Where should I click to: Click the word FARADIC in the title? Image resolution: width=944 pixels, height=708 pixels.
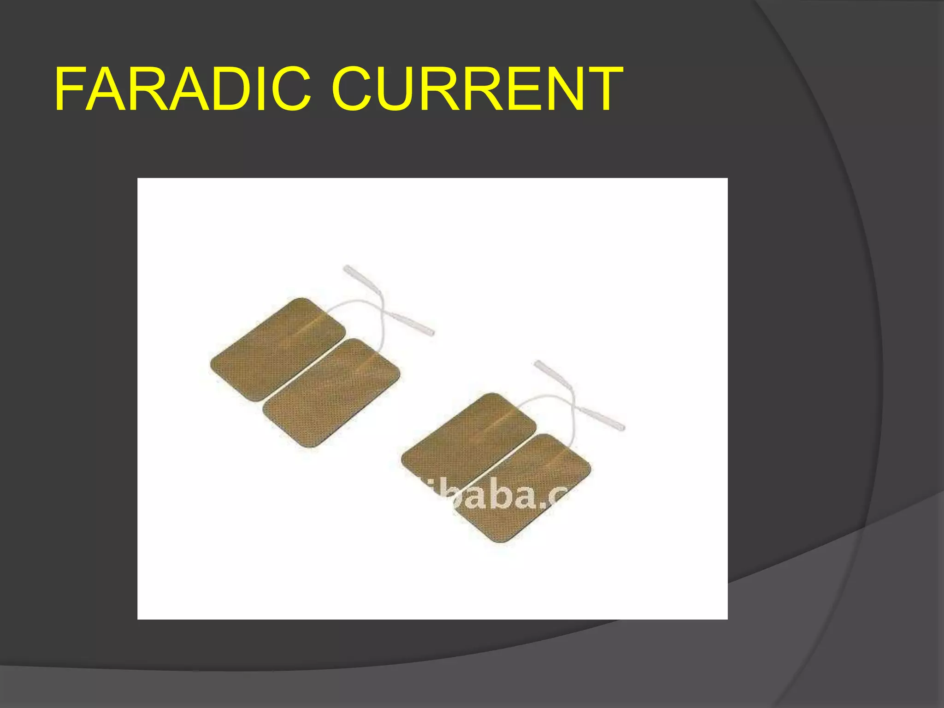182,88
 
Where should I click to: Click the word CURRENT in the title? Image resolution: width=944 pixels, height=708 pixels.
477,88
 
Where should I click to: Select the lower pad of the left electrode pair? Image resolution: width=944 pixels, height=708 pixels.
331,392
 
